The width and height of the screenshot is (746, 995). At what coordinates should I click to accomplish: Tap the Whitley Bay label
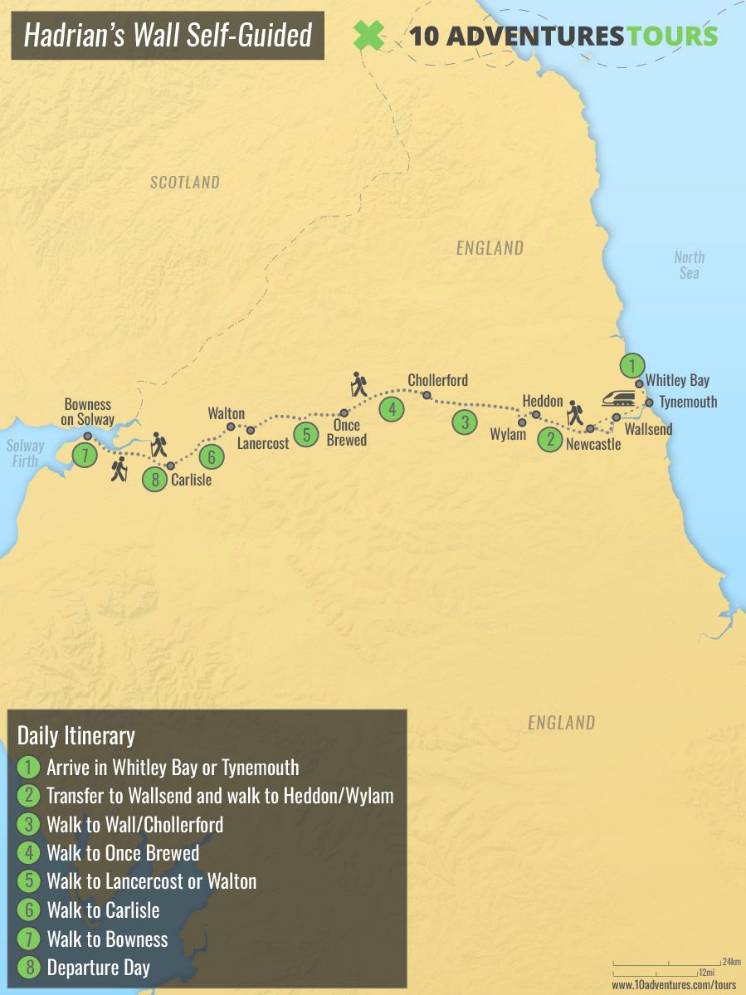(677, 380)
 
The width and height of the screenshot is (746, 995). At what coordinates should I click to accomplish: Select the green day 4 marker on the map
(392, 408)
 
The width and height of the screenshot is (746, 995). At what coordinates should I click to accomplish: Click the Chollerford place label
(437, 380)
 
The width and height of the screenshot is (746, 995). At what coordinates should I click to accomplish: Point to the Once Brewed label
(346, 432)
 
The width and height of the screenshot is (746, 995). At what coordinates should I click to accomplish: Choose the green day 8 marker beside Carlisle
(154, 479)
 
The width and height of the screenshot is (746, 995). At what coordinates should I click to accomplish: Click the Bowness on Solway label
(88, 412)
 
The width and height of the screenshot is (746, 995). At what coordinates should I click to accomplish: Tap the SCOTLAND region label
(184, 183)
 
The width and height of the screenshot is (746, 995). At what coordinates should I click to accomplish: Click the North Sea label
(689, 265)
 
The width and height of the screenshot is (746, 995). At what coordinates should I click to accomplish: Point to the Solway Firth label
(25, 453)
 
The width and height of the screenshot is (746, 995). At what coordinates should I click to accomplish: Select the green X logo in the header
(368, 36)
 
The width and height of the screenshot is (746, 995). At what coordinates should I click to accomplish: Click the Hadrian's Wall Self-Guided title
(168, 35)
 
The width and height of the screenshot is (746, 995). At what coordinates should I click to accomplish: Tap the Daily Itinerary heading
(76, 735)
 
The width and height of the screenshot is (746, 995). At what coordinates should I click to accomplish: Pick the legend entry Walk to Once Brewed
(123, 853)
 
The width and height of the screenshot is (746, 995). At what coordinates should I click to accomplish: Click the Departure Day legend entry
(99, 968)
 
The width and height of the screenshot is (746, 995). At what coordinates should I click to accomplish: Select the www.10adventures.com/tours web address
(674, 985)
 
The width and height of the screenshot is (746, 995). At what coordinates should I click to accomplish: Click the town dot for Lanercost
(251, 430)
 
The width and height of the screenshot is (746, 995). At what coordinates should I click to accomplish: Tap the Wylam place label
(508, 434)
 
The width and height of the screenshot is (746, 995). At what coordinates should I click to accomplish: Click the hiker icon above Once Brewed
(359, 384)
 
